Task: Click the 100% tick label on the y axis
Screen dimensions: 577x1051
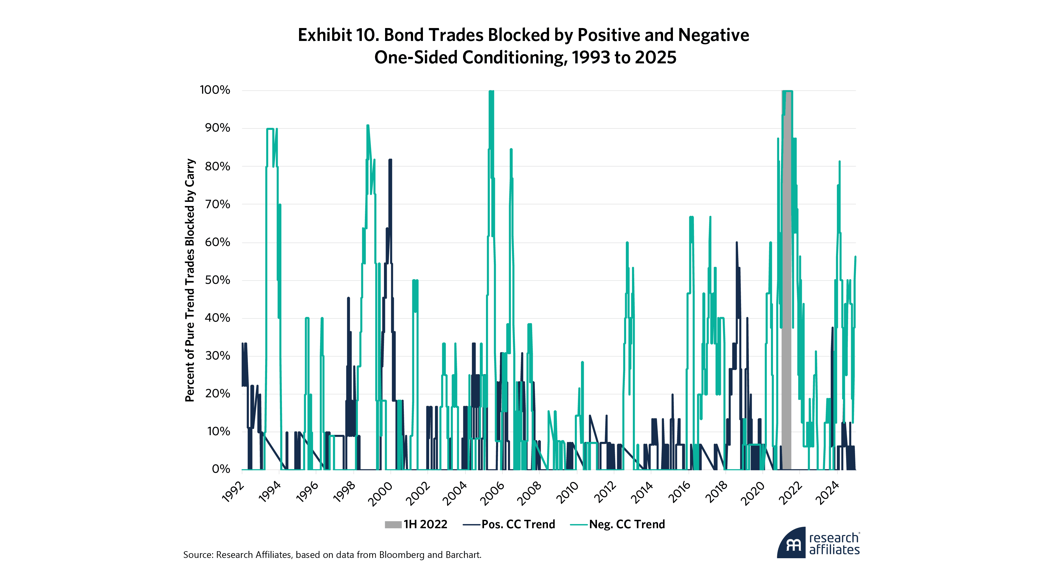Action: pyautogui.click(x=215, y=90)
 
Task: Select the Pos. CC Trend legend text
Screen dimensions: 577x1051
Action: pyautogui.click(x=518, y=524)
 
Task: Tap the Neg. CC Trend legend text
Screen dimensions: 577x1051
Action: pyautogui.click(x=627, y=524)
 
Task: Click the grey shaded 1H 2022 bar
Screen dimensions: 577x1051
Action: pyautogui.click(x=787, y=286)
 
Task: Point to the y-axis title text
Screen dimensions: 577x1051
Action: pyautogui.click(x=190, y=280)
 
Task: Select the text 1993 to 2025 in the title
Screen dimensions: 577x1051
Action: pyautogui.click(x=624, y=57)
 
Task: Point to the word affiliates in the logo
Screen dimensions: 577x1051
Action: pyautogui.click(x=834, y=550)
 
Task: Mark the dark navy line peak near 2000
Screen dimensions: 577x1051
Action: pyautogui.click(x=390, y=160)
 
